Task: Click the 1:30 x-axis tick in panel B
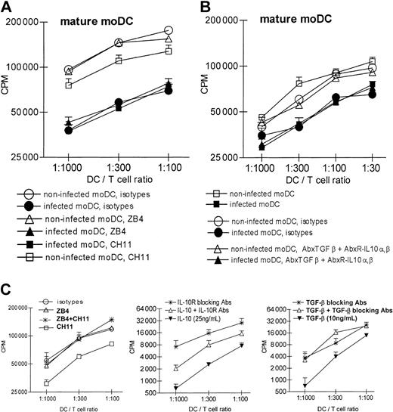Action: click(370, 171)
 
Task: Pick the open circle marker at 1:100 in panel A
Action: click(169, 31)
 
